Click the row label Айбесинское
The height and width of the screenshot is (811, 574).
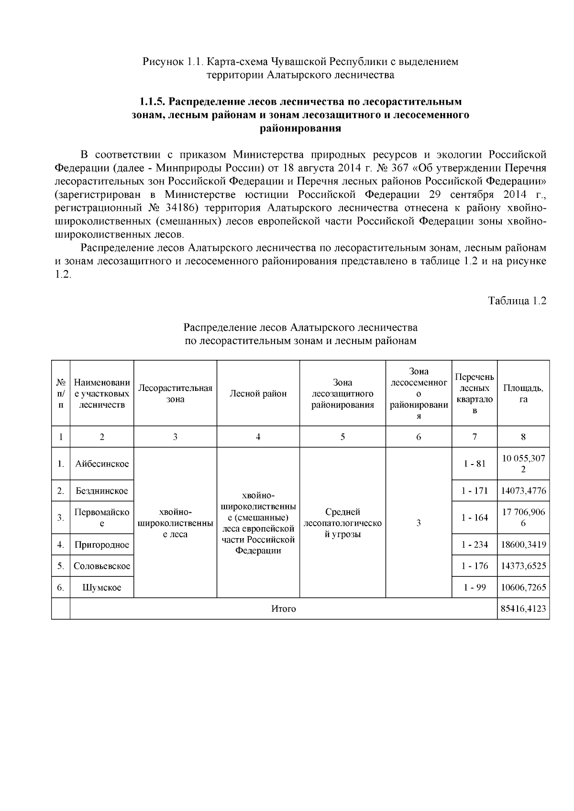[102, 464]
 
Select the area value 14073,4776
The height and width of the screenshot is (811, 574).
[523, 491]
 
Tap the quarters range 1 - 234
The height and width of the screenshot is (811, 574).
[475, 544]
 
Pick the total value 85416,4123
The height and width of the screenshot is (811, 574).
[523, 609]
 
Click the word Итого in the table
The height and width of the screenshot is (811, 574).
[284, 609]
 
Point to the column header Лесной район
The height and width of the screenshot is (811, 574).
[258, 393]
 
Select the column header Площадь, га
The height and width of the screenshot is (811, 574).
[523, 393]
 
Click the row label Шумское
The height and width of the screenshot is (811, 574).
[102, 587]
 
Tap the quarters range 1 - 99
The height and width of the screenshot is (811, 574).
[475, 587]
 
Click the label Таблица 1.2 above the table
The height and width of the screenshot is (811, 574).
[517, 301]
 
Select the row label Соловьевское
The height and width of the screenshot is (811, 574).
[102, 566]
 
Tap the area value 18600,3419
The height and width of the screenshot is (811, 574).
[523, 544]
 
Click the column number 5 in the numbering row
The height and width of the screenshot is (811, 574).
[342, 437]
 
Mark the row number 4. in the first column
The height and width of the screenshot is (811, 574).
[61, 544]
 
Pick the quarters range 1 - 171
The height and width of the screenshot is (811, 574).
[475, 491]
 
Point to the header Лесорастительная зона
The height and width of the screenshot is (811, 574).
[175, 393]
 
